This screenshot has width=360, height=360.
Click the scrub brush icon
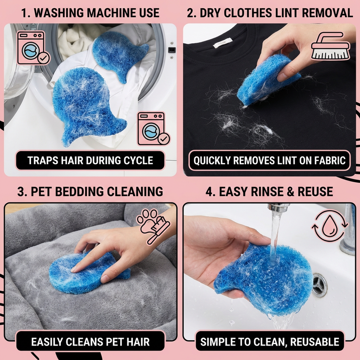tap(331, 46)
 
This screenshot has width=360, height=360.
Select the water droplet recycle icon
tap(330, 226)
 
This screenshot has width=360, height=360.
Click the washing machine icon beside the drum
tap(33, 48)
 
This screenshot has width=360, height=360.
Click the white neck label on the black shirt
tap(222, 43)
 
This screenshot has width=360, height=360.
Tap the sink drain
tap(319, 285)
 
